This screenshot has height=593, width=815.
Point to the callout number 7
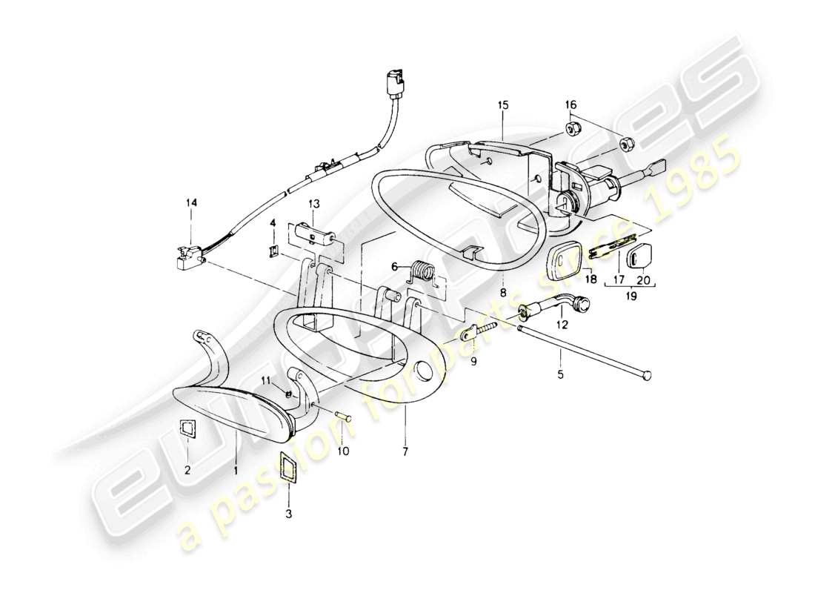pyautogui.click(x=405, y=450)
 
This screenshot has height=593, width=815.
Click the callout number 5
pyautogui.click(x=561, y=375)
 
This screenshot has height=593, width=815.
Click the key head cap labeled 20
pyautogui.click(x=639, y=257)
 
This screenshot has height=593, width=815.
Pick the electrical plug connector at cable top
pyautogui.click(x=393, y=81)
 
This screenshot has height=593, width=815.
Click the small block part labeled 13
pyautogui.click(x=319, y=236)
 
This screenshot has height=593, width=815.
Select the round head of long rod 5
pyautogui.click(x=650, y=377)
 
